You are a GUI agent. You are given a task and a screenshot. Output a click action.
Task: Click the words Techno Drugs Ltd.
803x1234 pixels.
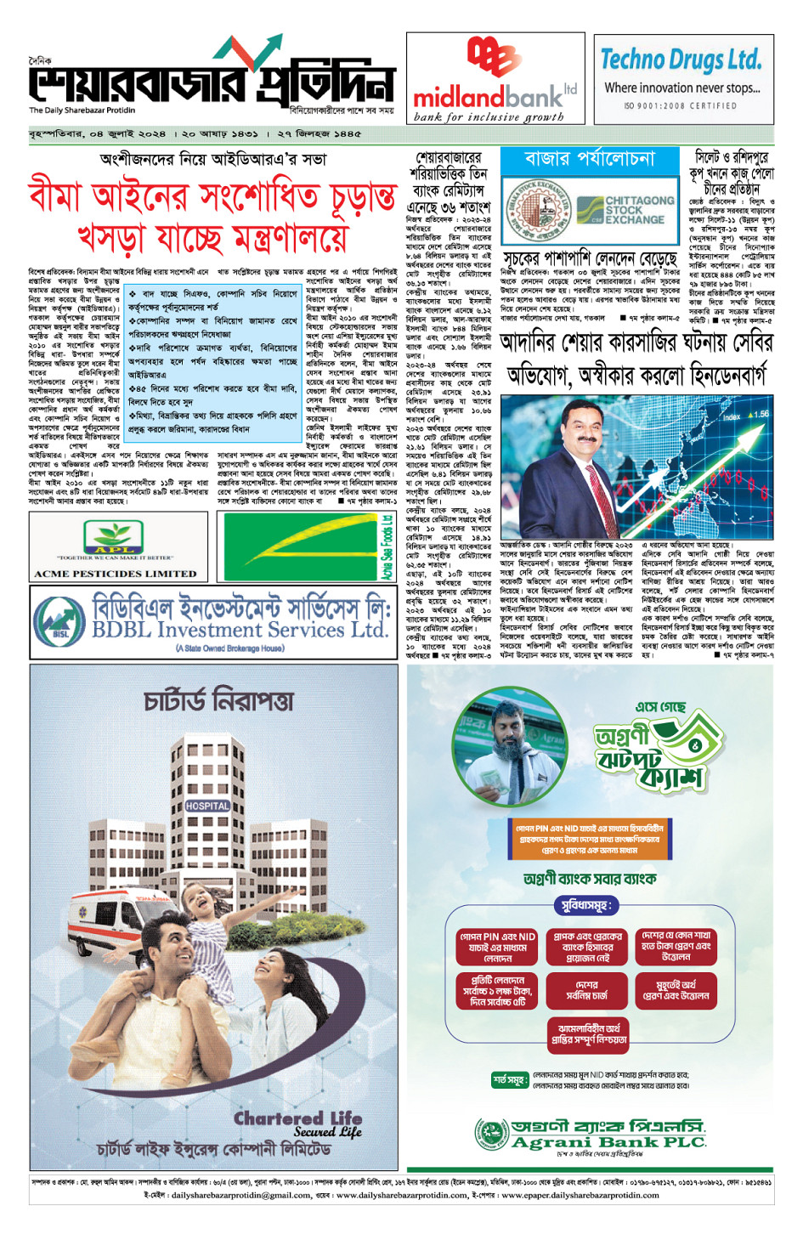(681, 60)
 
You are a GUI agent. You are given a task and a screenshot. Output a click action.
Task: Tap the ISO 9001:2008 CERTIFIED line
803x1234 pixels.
(681, 106)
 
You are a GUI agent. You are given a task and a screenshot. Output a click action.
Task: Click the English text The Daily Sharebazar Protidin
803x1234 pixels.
(82, 110)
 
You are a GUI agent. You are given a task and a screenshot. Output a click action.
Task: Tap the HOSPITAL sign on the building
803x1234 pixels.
(207, 805)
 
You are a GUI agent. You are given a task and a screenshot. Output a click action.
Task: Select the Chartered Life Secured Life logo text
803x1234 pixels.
(298, 1124)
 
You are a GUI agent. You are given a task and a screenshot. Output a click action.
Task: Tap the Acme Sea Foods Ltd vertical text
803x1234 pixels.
(387, 547)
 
